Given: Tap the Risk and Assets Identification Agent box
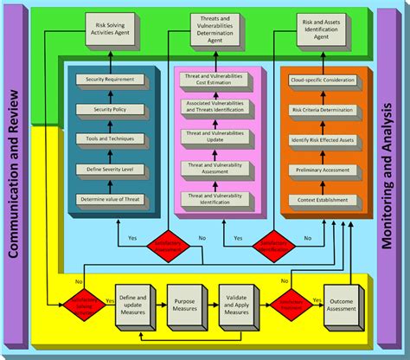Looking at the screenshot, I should click(x=320, y=30).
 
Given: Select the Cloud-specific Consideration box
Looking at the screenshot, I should click(x=320, y=80).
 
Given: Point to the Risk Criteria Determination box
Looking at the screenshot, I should click(x=320, y=110).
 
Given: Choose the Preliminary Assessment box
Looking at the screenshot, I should click(x=320, y=170).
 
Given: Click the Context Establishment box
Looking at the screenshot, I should click(x=320, y=200).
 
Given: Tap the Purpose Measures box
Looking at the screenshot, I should click(x=183, y=305).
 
